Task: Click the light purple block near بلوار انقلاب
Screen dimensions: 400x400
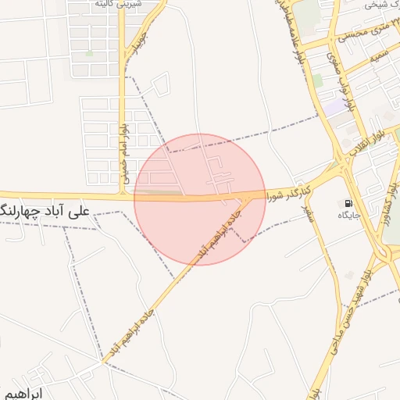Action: (337, 106)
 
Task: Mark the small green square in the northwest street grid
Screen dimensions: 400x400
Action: (89, 54)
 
